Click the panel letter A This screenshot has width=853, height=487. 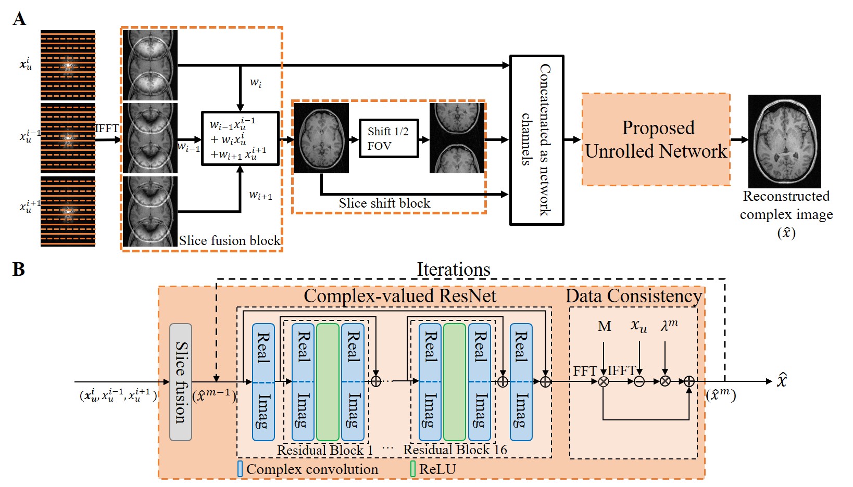coord(19,19)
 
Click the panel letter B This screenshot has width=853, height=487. coord(19,270)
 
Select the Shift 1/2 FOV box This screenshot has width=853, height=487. coord(388,138)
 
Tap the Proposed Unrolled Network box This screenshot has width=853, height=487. coord(656,139)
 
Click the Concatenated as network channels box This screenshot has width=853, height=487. coord(536,140)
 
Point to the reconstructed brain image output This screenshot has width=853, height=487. coord(784,141)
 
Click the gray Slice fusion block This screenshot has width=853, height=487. coord(181,382)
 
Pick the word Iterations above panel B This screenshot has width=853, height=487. coord(453,270)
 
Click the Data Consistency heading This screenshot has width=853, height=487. coord(633,296)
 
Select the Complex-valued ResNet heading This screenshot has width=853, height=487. coord(400,296)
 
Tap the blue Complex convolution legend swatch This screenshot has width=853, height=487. coord(240,469)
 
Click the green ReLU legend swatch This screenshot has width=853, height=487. coord(413,469)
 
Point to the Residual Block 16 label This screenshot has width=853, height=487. coord(455,450)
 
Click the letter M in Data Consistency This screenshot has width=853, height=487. coord(604,326)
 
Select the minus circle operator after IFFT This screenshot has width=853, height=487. coord(639,381)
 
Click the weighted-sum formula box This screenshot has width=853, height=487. coord(240,138)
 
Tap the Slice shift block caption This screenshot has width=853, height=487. coord(384,203)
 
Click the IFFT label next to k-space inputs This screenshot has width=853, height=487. coord(107,129)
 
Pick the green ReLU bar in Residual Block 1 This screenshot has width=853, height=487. coord(328,382)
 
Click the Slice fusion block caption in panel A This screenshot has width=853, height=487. coord(230,240)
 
